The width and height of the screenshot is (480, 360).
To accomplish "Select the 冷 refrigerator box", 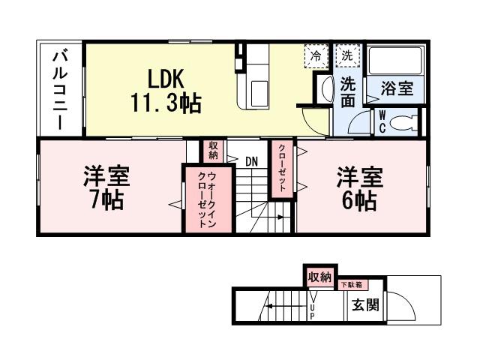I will point(316,55).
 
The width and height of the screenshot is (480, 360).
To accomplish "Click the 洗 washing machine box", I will point(348,55).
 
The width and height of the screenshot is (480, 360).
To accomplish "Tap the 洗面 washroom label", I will point(348,91).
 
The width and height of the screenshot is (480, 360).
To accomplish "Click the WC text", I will point(382,122).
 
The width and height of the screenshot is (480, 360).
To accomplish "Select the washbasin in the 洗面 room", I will point(324,90).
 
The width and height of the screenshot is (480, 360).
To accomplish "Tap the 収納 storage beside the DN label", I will point(214,151).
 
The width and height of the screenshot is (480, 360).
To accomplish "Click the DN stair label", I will point(252,160).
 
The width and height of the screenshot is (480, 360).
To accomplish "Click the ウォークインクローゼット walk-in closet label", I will point(202,199).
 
